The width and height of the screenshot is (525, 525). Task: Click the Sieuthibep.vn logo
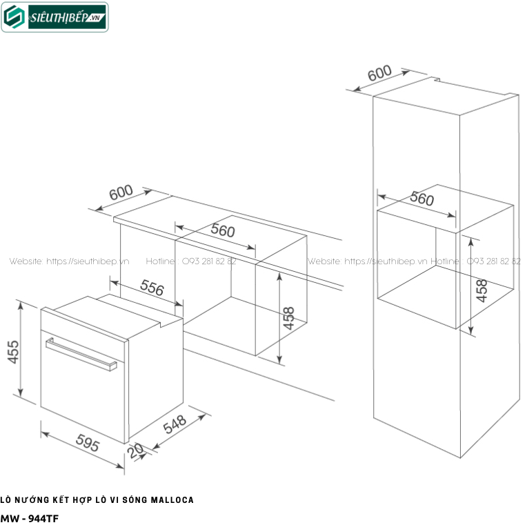[55, 18]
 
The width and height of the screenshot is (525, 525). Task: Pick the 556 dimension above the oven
[152, 288]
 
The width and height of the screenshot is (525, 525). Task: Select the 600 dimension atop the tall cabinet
[379, 73]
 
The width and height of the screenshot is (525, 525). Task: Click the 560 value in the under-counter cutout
[223, 230]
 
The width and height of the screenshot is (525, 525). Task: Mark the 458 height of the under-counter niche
[289, 318]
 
